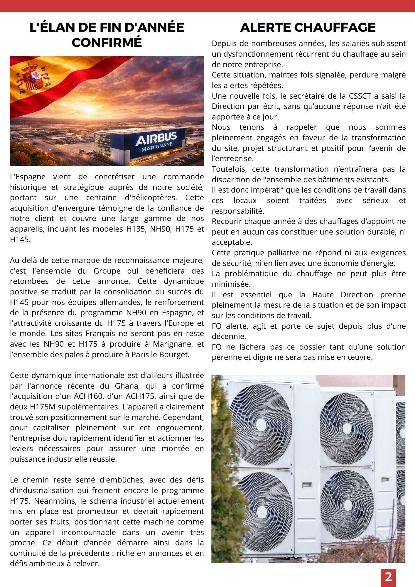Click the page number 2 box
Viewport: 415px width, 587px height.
[388, 577]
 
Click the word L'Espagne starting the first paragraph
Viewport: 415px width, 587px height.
[28, 177]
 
